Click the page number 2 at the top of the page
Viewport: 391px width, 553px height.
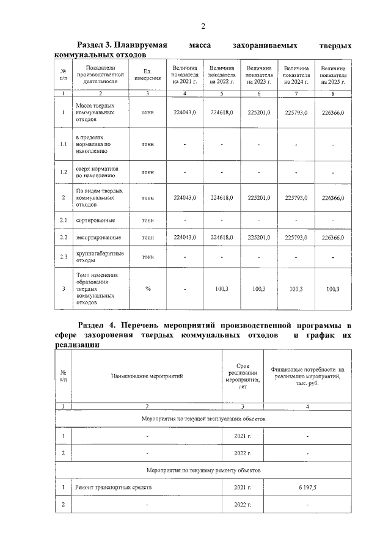pos(203,26)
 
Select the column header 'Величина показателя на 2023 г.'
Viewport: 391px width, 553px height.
pos(259,75)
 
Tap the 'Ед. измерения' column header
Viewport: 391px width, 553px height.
pos(147,75)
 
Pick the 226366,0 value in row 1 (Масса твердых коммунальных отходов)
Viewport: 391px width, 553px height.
pos(333,113)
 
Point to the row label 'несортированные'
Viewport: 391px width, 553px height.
pos(98,237)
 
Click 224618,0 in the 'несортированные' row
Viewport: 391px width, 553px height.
pos(222,237)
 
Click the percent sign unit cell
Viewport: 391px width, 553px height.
pos(147,289)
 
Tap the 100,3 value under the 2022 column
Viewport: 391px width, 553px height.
pos(222,289)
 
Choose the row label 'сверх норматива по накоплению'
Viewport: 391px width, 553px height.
pos(98,172)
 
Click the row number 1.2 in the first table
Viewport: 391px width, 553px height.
pos(64,172)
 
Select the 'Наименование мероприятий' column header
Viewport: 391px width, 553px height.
pos(147,376)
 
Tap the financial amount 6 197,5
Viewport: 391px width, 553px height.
pos(307,488)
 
